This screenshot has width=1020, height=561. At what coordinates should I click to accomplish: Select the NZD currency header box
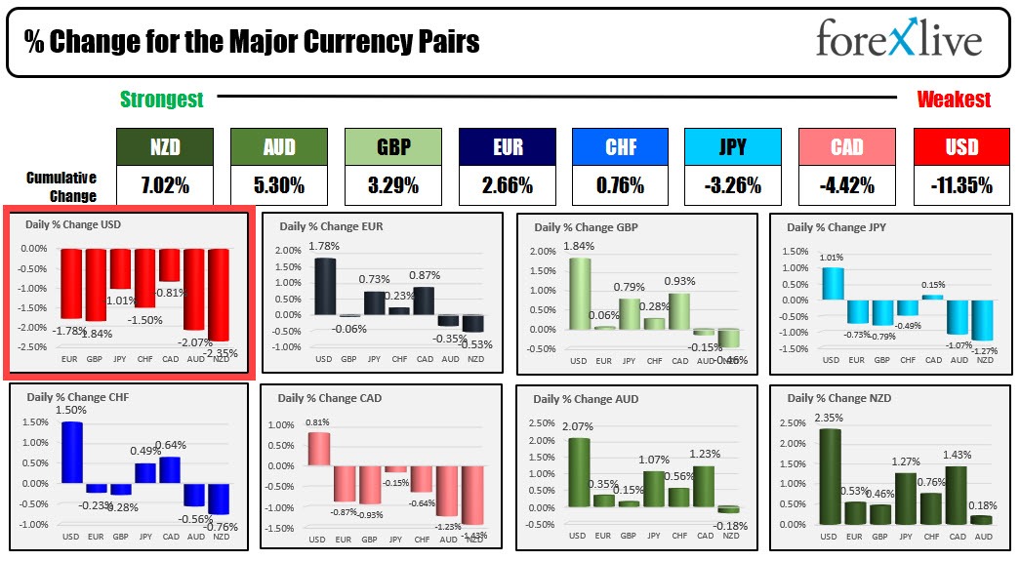(x=164, y=147)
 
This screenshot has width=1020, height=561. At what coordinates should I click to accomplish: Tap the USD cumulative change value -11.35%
(x=961, y=185)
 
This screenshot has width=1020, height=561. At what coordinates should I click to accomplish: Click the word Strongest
(x=162, y=100)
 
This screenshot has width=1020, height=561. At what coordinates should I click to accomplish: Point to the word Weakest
(x=954, y=100)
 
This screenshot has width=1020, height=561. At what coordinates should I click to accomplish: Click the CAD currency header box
(x=846, y=147)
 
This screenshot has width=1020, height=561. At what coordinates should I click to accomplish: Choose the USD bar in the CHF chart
(x=71, y=452)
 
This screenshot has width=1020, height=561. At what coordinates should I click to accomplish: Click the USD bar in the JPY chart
(x=831, y=283)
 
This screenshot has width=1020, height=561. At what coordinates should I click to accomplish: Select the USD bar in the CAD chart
(x=319, y=450)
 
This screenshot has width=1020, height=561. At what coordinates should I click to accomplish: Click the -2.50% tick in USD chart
(x=33, y=347)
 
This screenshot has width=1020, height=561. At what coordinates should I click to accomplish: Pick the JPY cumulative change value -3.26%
(x=732, y=185)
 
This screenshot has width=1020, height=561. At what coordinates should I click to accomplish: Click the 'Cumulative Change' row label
(x=61, y=186)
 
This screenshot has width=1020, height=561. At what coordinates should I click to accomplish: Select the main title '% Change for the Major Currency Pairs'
(x=252, y=42)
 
